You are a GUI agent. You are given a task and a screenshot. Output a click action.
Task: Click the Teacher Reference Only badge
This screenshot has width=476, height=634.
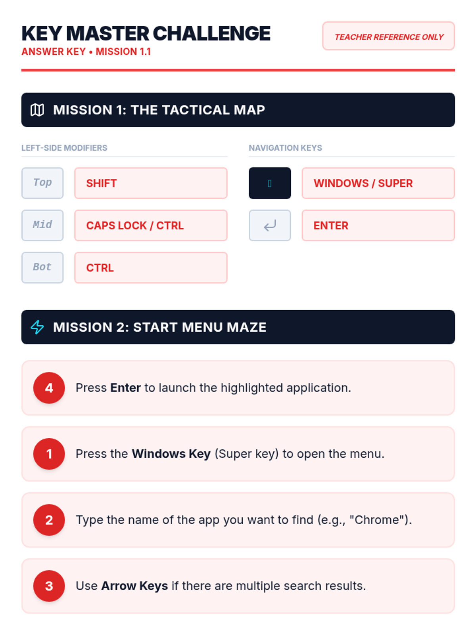[388, 36]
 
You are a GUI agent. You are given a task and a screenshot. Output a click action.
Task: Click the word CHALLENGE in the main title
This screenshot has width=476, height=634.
[211, 34]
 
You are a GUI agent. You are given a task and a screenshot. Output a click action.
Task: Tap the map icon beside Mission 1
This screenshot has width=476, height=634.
[37, 110]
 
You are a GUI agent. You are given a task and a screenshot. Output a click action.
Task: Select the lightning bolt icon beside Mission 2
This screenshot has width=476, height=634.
[37, 327]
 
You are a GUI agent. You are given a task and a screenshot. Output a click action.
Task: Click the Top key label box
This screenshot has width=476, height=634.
[42, 183]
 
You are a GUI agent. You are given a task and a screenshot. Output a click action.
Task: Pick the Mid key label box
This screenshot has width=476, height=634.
[42, 225]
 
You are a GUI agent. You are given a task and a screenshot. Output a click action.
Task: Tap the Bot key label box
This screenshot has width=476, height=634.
[42, 267]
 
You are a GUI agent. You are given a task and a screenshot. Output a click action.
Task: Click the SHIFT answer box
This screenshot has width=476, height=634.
[151, 183]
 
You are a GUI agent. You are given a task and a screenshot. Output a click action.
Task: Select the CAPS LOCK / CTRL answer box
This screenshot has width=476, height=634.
[151, 225]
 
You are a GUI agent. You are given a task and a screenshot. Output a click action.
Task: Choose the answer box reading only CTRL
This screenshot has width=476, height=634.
[151, 267]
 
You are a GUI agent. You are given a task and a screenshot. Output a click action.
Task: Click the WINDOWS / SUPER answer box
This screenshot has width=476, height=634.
[378, 183]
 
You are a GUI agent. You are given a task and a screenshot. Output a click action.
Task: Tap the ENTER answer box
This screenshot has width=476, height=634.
[378, 225]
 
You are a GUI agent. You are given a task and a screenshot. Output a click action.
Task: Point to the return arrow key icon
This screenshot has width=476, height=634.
[270, 225]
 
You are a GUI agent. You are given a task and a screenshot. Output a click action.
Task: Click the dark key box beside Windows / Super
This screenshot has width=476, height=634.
[270, 183]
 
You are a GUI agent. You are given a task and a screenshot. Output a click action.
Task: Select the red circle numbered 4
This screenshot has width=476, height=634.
[49, 387]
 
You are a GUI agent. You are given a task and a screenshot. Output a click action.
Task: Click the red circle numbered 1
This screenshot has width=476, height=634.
[49, 453]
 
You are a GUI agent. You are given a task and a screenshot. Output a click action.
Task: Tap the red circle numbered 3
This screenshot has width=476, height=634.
[49, 586]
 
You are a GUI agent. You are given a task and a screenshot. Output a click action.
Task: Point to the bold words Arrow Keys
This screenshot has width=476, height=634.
[134, 586]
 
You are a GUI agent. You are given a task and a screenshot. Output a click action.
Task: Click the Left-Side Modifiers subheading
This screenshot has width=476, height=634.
[64, 148]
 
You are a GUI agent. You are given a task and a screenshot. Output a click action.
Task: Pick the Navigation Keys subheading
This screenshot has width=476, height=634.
[285, 148]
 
